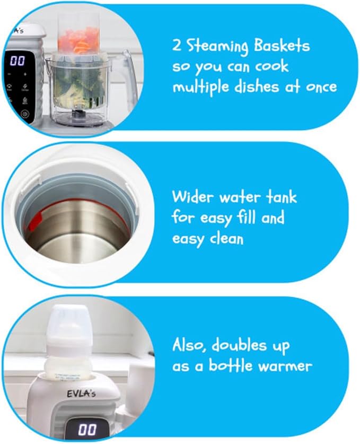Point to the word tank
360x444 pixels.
coord(279,198)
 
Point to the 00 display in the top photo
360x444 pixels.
coord(17,60)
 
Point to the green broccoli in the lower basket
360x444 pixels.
coord(74,85)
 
